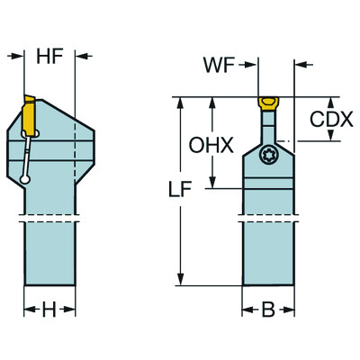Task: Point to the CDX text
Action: click(x=331, y=119)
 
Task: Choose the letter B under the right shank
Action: click(x=268, y=310)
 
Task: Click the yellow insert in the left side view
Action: click(x=26, y=113)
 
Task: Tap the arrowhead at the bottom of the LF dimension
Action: click(x=183, y=283)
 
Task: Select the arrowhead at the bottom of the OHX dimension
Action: click(x=212, y=184)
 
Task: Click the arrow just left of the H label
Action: click(x=29, y=310)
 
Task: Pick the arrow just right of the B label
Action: click(x=289, y=310)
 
